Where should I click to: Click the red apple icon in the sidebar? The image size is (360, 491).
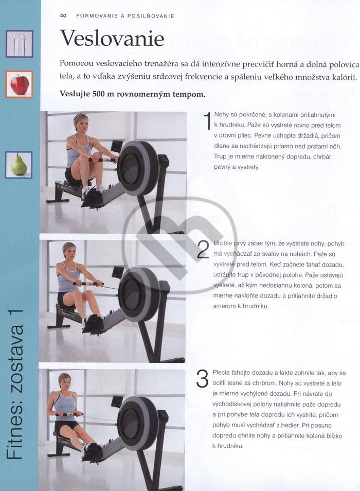tap(20, 84)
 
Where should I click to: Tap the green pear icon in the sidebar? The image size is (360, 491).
tap(19, 165)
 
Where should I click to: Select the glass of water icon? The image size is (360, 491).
tap(19, 44)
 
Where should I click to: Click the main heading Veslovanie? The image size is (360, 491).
tap(112, 38)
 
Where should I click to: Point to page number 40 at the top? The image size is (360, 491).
tap(63, 15)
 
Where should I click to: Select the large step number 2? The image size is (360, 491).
tap(203, 250)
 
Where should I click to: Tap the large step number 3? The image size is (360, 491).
tap(202, 379)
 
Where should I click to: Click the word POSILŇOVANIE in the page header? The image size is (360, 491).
tap(151, 16)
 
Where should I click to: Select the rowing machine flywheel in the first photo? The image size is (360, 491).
tap(138, 168)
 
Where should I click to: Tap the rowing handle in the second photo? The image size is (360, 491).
tap(88, 284)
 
